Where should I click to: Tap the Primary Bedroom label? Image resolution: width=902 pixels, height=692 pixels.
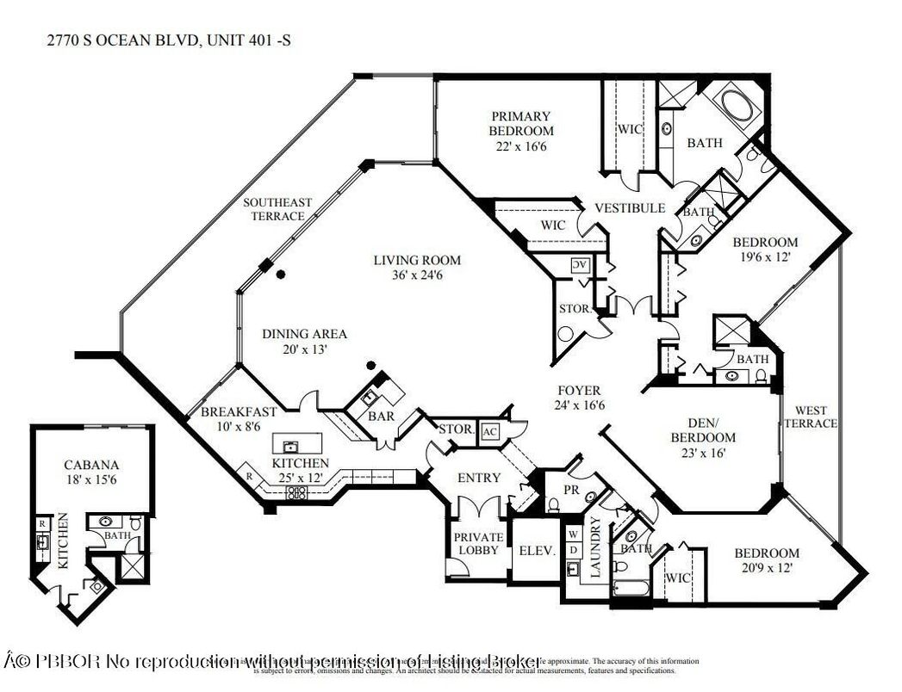coord(521,123)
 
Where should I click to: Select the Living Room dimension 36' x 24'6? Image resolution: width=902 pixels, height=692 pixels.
coord(417,275)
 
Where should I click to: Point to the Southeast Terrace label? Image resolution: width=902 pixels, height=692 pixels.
coord(277,209)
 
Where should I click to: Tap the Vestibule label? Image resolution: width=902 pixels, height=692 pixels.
coord(629,207)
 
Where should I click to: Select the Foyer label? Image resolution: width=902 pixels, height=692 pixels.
coord(577,390)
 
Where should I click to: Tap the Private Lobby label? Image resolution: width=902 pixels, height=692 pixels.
coord(478,544)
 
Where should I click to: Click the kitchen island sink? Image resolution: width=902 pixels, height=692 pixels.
coord(290,445)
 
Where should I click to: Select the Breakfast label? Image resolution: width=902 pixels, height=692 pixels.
coord(239,411)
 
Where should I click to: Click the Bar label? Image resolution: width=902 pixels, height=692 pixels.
coord(381,416)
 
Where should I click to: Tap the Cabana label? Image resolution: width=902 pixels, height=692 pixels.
coord(91,465)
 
